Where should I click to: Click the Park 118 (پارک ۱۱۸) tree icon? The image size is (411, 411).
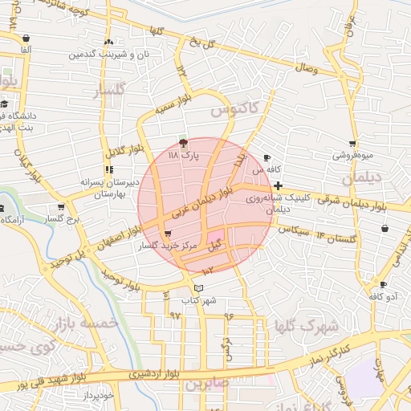[x=184, y=142]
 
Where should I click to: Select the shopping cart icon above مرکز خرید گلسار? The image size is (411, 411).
[x=167, y=234]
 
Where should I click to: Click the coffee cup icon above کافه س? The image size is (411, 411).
[x=267, y=157]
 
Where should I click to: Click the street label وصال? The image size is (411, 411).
[x=311, y=72]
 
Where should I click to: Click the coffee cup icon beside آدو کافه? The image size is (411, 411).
[x=383, y=284]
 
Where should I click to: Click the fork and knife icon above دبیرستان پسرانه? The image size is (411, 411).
[x=108, y=169]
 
